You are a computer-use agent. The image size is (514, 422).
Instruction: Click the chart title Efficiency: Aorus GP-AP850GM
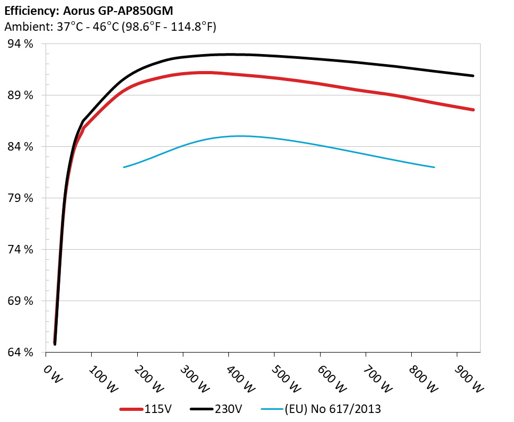coord(88,11)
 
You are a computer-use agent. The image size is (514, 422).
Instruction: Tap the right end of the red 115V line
coord(473,110)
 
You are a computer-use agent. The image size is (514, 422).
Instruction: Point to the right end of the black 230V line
coord(473,76)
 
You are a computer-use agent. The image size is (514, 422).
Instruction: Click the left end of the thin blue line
coord(123,168)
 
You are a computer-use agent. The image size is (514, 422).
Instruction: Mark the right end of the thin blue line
coord(435,168)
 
